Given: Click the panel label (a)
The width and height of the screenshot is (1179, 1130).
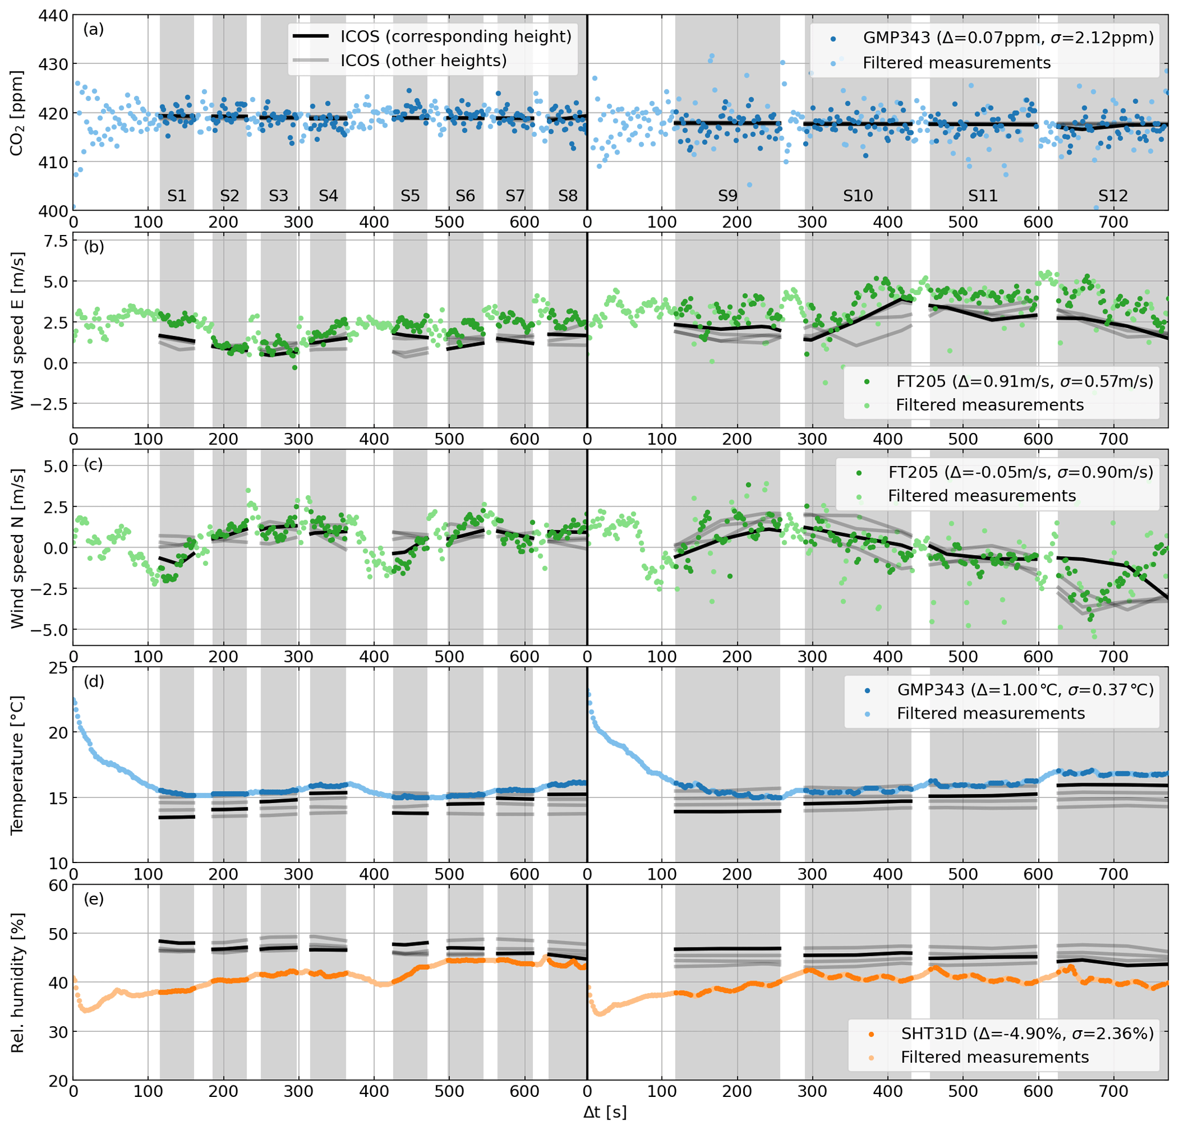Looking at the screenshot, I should [93, 30].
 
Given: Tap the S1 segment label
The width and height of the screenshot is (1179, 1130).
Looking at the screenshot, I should [177, 196].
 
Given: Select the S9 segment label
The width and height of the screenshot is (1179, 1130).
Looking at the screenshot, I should [727, 196].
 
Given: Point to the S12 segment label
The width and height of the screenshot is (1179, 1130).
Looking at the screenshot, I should [1112, 196].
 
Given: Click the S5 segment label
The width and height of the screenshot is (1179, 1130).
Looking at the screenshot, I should [410, 196].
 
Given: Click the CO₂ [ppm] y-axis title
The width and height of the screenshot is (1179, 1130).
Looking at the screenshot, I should [17, 113].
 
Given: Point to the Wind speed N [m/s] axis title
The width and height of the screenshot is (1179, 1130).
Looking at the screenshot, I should [17, 548].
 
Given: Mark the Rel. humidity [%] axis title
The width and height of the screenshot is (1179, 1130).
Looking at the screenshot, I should [17, 983].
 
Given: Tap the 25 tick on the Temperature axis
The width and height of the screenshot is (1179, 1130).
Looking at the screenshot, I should [59, 668].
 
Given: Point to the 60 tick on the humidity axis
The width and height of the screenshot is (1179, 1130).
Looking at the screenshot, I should [59, 885].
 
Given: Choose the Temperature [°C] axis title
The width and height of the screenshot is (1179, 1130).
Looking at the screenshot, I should [17, 766].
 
